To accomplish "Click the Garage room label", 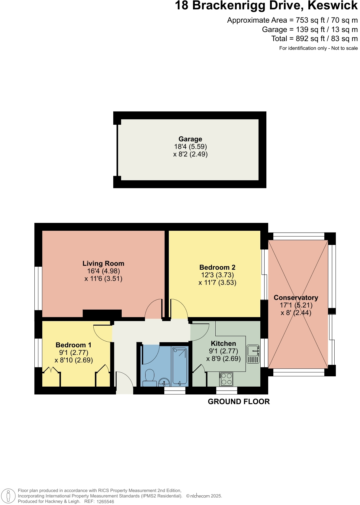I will [190, 139].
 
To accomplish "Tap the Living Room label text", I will [103, 264].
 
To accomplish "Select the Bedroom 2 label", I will [217, 268].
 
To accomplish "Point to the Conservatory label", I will [296, 298].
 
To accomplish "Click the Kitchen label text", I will [223, 344].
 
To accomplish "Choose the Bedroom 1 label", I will [73, 345].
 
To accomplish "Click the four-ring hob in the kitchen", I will [226, 379].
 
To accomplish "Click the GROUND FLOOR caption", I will [239, 402].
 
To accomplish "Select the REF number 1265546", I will [105, 502].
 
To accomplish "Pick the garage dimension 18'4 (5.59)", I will [190, 147].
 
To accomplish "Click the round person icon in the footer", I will [8, 496].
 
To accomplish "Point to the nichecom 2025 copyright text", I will [204, 496].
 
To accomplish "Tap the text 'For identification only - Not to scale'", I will [318, 48].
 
